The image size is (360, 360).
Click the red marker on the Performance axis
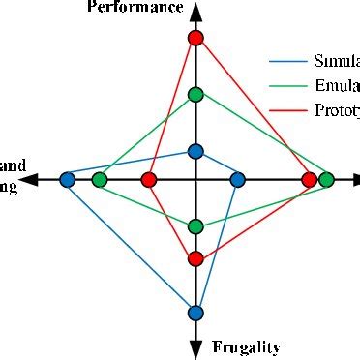tap(195, 38)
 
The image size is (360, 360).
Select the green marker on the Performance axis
tap(195, 94)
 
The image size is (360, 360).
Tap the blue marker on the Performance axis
tap(195, 151)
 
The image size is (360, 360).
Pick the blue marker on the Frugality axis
tap(195, 312)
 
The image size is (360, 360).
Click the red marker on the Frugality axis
tap(195, 258)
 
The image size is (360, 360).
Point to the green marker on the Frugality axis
tap(195, 226)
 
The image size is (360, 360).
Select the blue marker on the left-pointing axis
tap(67, 179)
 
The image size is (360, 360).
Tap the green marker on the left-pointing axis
tap(100, 179)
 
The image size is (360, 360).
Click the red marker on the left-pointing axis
tap(148, 179)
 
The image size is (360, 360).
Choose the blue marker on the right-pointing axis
tap(238, 179)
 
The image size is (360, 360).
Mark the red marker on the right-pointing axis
tap(309, 179)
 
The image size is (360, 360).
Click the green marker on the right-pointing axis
tap(327, 179)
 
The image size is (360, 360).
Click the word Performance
tap(135, 8)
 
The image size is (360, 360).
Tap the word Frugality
tap(246, 346)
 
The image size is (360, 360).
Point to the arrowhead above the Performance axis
tap(195, 12)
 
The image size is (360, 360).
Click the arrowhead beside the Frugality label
tap(195, 347)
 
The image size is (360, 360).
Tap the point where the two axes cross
tap(195, 179)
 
